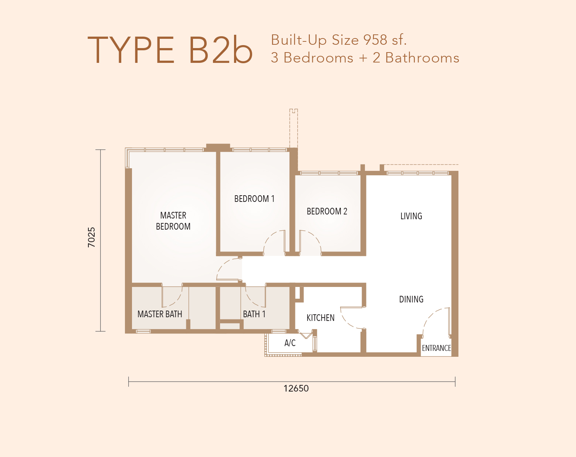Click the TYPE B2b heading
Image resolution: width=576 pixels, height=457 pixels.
click(170, 50)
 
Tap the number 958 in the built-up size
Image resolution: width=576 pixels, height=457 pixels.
click(375, 40)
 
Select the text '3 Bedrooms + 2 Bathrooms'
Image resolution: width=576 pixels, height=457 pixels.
click(365, 58)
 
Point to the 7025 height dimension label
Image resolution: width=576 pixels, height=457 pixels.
click(92, 237)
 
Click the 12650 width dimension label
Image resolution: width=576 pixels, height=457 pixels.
click(296, 389)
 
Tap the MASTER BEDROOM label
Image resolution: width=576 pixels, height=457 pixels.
click(173, 221)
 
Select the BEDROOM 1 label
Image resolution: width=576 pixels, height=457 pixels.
click(254, 199)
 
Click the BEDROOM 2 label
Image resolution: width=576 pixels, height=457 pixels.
click(327, 211)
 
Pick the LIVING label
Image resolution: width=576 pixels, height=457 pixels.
click(411, 216)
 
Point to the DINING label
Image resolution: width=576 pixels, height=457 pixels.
click(411, 299)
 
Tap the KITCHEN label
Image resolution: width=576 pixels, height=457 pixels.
click(321, 318)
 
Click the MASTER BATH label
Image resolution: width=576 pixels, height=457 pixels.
click(160, 314)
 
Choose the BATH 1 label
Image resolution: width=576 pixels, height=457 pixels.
click(254, 314)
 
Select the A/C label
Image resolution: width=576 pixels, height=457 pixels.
click(290, 343)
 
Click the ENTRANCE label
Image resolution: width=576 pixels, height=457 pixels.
click(436, 348)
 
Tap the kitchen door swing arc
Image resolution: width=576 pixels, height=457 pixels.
click(347, 321)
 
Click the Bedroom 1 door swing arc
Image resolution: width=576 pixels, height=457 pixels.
click(270, 237)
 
